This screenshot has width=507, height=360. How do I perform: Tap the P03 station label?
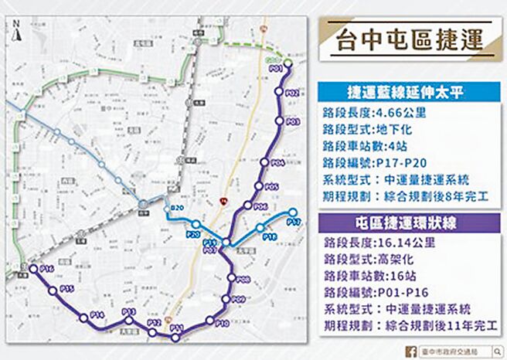point(293,122)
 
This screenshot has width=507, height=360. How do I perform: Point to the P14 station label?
point(97,314)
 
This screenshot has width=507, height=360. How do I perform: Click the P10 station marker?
point(209,321)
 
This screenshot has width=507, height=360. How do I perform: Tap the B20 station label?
point(176,209)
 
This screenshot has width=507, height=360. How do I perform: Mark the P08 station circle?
point(231,280)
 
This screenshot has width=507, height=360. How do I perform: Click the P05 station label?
point(271,187)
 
